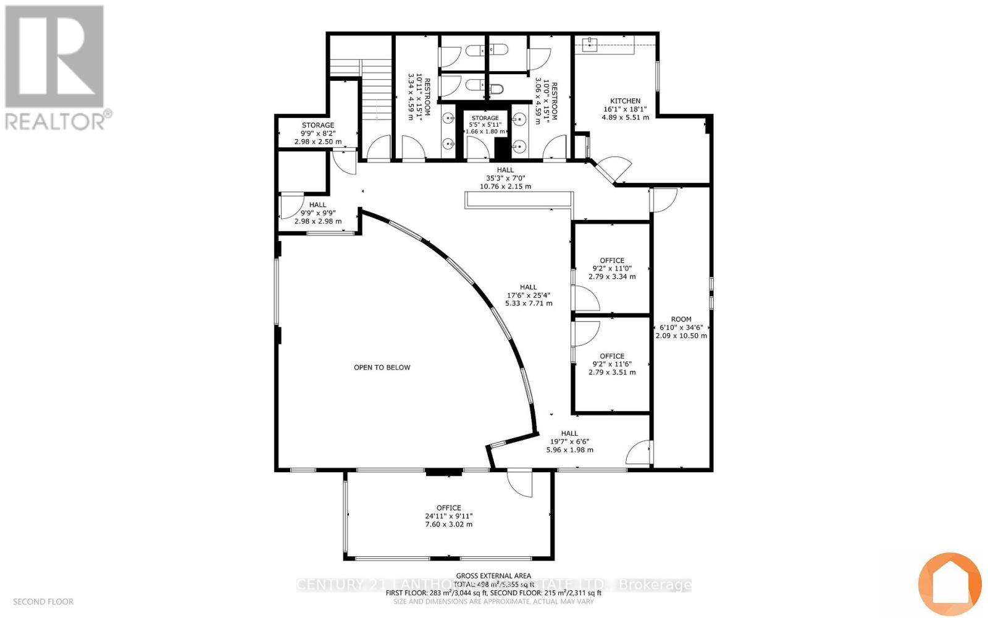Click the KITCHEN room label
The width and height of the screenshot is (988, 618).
tap(625, 101)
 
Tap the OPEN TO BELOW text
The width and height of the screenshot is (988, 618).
tap(382, 367)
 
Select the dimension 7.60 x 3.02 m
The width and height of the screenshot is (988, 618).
tap(448, 524)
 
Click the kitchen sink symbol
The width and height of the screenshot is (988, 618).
tap(590, 44)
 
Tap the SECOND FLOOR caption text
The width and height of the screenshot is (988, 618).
tap(43, 601)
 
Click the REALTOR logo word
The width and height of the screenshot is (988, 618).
tap(59, 120)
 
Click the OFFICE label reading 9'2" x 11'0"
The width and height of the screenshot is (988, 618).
tap(612, 260)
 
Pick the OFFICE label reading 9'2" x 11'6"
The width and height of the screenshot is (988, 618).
tap(612, 356)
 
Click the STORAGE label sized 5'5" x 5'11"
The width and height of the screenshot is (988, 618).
tap(485, 118)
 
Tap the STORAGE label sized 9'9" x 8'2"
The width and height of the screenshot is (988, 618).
tap(318, 125)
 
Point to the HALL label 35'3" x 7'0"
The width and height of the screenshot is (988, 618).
tap(505, 170)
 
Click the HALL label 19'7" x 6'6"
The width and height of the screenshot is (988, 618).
tap(569, 433)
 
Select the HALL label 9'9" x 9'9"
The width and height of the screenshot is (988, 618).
tap(317, 205)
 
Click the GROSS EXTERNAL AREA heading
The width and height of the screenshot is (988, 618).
tap(493, 576)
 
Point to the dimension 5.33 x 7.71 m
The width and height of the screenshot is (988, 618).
tap(529, 303)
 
